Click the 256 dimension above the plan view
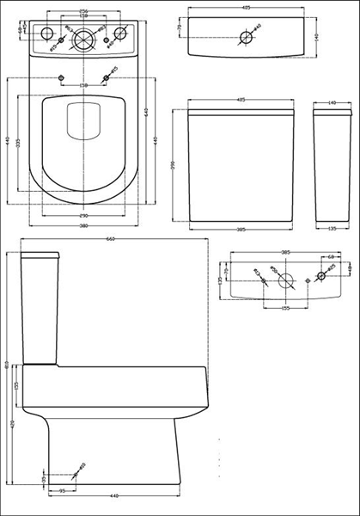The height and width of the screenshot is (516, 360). [83, 11]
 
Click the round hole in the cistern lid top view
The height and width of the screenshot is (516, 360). [247, 37]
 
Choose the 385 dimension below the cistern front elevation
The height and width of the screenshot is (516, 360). [241, 230]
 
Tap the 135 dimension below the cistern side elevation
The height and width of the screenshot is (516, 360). [331, 230]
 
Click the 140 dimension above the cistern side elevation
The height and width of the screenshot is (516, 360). [331, 101]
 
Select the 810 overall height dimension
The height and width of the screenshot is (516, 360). [7, 365]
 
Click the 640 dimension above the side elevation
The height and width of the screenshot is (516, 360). [109, 239]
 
